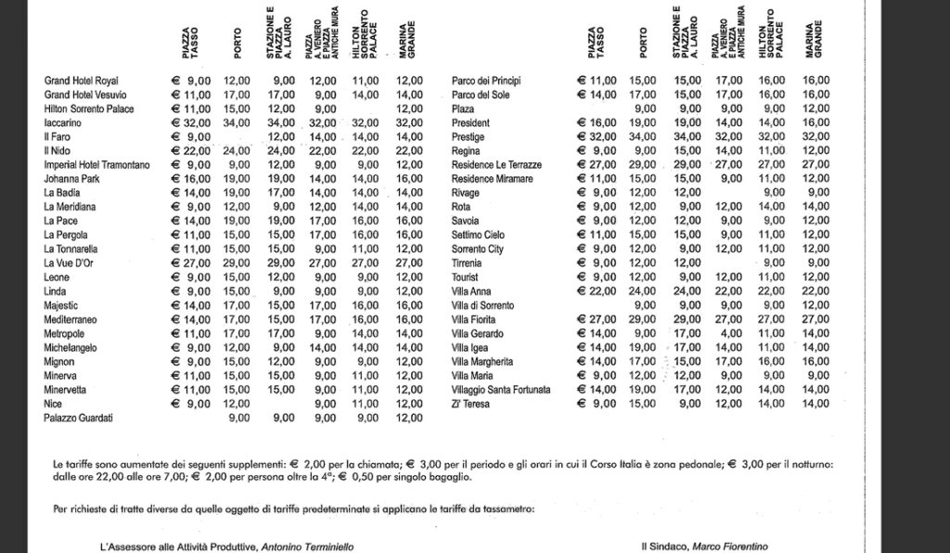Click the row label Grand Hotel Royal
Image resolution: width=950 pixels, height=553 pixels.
coord(82,81)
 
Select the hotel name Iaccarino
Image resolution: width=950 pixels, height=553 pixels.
coord(64,122)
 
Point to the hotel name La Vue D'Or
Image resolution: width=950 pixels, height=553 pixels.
coord(71,264)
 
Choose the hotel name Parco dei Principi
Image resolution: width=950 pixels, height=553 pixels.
coord(494,81)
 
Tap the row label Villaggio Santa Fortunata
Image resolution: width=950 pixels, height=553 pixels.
coord(501,390)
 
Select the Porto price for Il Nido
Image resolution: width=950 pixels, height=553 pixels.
coord(237,150)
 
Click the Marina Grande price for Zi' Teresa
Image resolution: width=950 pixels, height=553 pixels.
coord(815,404)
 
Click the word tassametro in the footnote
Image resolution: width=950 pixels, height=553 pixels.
coord(507,509)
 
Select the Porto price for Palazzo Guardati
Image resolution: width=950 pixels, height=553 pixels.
coord(238,418)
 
